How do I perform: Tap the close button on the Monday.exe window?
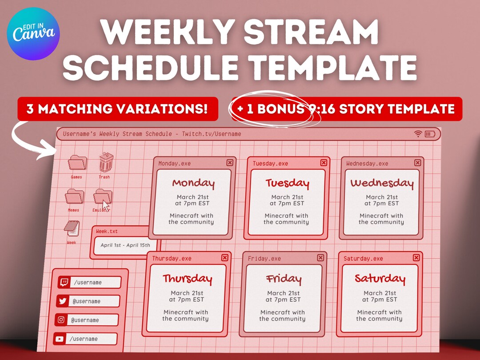(230, 163)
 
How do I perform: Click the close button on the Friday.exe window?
(320, 258)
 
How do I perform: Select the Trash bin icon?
(105, 162)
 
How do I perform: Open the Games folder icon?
(77, 163)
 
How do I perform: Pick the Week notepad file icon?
(72, 228)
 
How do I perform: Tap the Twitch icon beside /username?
(64, 282)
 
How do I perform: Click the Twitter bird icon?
(63, 301)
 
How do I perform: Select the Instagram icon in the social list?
(61, 320)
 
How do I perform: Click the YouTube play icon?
(60, 339)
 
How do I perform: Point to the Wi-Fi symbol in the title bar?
(418, 134)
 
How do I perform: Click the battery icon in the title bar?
(430, 134)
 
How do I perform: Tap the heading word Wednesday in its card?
(382, 183)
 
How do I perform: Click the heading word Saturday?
(380, 279)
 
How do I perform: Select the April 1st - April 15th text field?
(125, 245)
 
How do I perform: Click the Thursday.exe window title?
(172, 258)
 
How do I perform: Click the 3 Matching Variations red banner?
(118, 109)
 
